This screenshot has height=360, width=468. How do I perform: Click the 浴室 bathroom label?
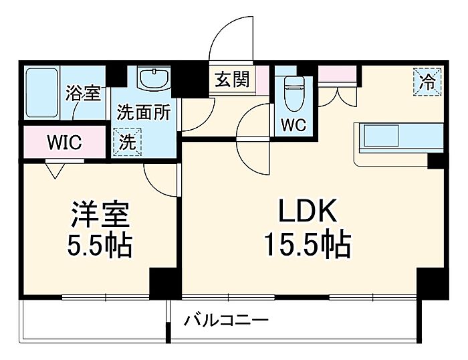84,93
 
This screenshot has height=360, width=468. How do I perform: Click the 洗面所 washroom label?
142,112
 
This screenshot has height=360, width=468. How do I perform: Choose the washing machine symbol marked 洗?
126,141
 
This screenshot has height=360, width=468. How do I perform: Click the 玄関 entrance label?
231,79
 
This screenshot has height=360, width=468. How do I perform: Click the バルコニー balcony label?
227,321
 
